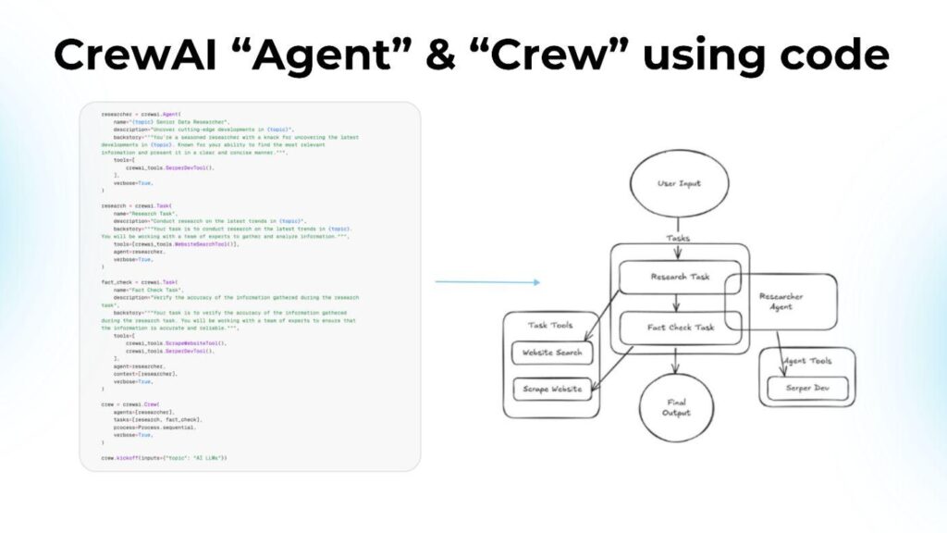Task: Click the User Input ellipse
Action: pyautogui.click(x=679, y=183)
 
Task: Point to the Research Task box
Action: pyautogui.click(x=679, y=277)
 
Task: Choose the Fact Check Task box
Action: pyautogui.click(x=679, y=328)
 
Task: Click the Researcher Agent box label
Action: pyautogui.click(x=782, y=302)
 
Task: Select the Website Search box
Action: pyautogui.click(x=551, y=353)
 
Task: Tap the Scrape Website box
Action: pyautogui.click(x=551, y=389)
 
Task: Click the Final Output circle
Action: pyautogui.click(x=678, y=408)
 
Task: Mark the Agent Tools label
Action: pyautogui.click(x=806, y=361)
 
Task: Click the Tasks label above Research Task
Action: pyautogui.click(x=679, y=238)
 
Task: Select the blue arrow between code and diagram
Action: pyautogui.click(x=487, y=281)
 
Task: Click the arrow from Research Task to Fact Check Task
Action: pyautogui.click(x=678, y=302)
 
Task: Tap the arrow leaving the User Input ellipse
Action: pyautogui.click(x=679, y=225)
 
